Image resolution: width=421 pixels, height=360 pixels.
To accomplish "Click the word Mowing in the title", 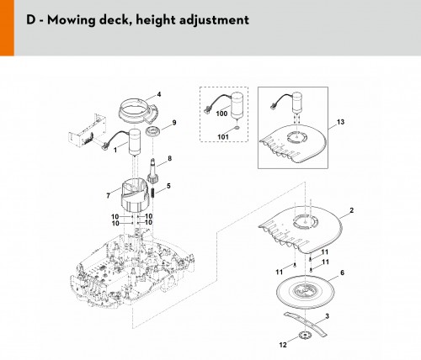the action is [67, 20].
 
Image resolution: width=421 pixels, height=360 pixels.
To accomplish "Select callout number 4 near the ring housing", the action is [159, 94].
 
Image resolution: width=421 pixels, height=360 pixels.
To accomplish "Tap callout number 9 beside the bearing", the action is [174, 123].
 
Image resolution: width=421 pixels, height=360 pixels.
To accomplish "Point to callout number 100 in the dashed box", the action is [221, 114].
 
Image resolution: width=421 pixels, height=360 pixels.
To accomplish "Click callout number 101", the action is [223, 137].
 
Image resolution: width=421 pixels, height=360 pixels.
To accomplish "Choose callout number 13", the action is [340, 122].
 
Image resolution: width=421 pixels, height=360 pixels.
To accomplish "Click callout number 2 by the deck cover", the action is [352, 210].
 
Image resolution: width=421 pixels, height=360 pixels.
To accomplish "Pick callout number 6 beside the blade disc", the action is [342, 273].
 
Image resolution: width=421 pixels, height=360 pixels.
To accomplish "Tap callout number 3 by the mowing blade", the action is [327, 316].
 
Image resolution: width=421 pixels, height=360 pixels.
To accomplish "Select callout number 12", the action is [283, 345].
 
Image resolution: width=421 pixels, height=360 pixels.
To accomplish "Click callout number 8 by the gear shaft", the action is [169, 159].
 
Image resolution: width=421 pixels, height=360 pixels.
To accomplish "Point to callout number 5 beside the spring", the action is [168, 186].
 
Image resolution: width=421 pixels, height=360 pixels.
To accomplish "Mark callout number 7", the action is [109, 196].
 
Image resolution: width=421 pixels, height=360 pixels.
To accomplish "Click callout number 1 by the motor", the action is [115, 151].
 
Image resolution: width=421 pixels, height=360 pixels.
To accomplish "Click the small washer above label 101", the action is [237, 128].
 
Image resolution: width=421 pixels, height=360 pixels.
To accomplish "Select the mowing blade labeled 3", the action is [306, 324].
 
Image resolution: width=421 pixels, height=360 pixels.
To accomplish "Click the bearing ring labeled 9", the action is [153, 131].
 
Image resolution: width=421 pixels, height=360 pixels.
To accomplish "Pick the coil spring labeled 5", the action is [153, 193].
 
